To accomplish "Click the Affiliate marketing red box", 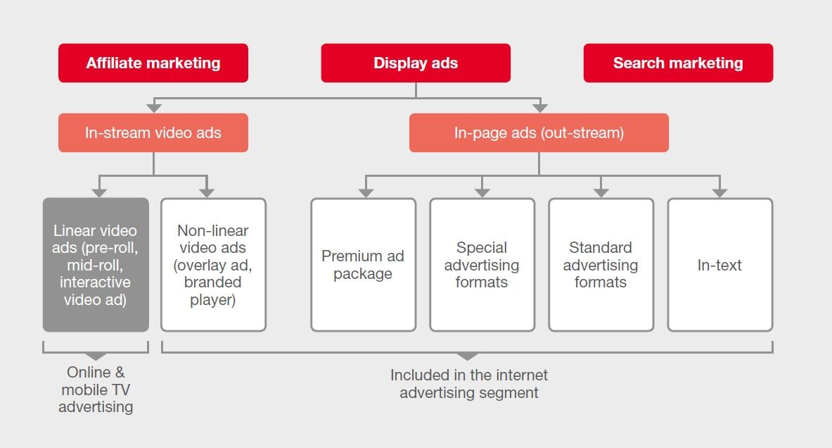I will tap(153, 63).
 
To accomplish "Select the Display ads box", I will tap(416, 63).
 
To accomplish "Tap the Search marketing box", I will tap(678, 63).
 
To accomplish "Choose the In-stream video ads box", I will tap(153, 132).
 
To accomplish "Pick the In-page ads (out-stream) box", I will tap(539, 132).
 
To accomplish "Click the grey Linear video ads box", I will tap(96, 265).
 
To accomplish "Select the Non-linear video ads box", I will tap(213, 265).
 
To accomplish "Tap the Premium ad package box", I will tap(363, 265).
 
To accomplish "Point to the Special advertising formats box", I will tap(482, 265).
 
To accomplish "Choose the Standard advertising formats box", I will tap(601, 265).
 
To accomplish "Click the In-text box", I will tap(719, 265).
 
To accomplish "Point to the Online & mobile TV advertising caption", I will tap(96, 389).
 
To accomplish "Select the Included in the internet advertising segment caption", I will tap(469, 384).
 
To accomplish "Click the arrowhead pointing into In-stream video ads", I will tap(153, 108).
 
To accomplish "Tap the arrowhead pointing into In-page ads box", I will tap(539, 108).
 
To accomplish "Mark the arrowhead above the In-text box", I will tap(719, 192).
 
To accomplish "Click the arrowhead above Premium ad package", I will tap(364, 192).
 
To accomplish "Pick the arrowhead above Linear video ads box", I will tap(99, 192).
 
